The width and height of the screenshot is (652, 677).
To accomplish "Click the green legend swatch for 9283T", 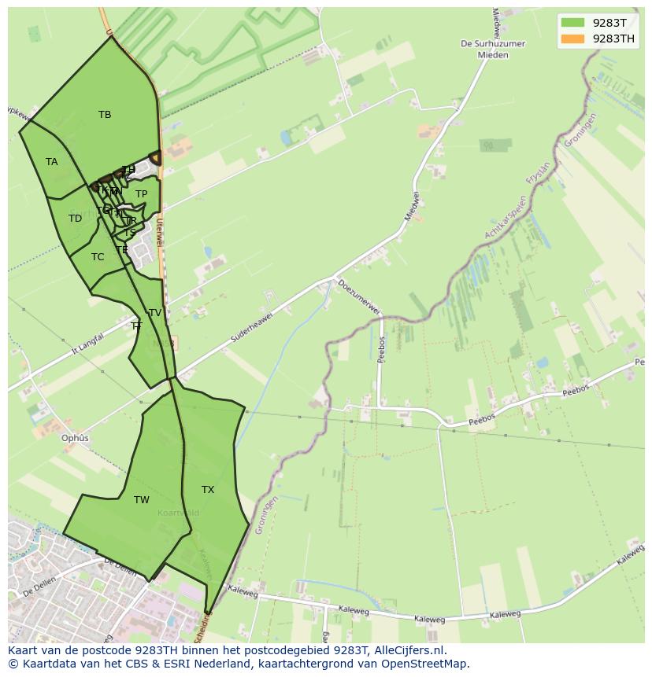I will tap(572, 23).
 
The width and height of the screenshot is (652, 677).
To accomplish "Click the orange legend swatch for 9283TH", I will tap(572, 39).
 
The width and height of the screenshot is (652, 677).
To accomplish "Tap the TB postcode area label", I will tap(105, 115).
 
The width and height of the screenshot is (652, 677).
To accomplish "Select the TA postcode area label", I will tap(52, 162).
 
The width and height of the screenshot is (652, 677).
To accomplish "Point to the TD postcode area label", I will tap(75, 219).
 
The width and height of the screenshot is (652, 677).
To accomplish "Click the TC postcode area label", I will tap(98, 257).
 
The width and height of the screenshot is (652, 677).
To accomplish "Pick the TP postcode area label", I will tap(141, 194).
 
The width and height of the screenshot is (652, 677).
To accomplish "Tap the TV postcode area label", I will tap(155, 313).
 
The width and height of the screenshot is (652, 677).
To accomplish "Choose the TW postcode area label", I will tap(142, 500).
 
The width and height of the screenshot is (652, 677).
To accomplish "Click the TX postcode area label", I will tap(208, 490).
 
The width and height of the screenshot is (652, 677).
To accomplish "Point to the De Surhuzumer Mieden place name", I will tap(494, 50).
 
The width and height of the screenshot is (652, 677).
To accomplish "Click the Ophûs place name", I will tap(76, 438).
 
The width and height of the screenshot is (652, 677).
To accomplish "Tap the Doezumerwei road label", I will tap(359, 296).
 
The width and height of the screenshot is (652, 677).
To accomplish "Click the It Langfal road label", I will tap(88, 344).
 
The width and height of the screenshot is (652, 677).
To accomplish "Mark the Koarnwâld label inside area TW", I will tap(178, 513).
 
